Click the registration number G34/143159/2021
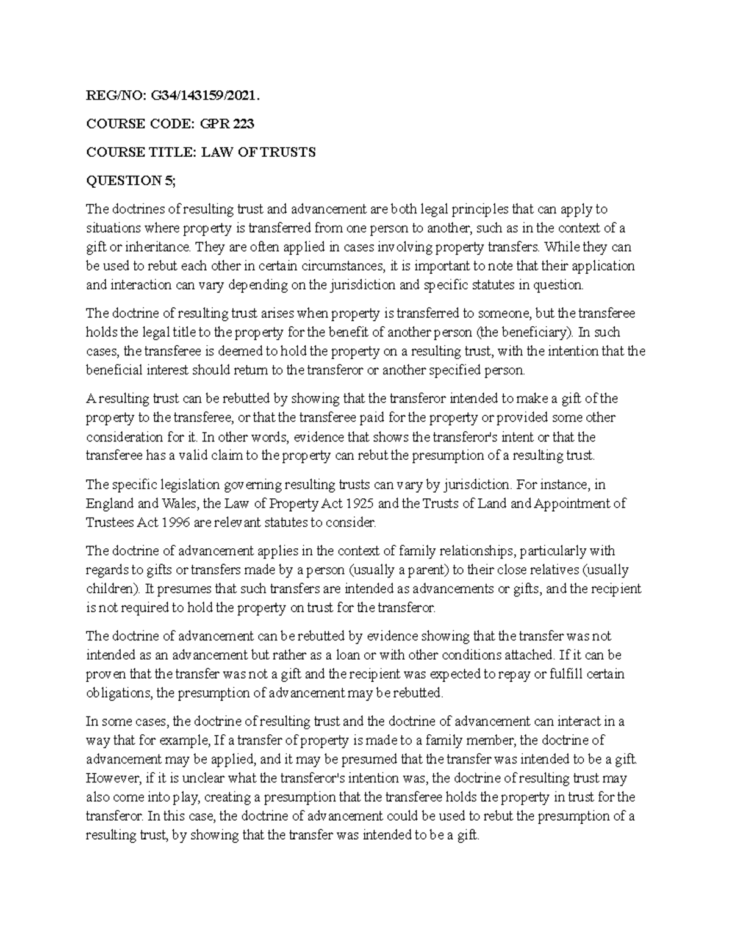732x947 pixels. (207, 95)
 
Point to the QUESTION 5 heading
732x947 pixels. (130, 181)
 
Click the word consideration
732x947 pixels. (121, 437)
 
